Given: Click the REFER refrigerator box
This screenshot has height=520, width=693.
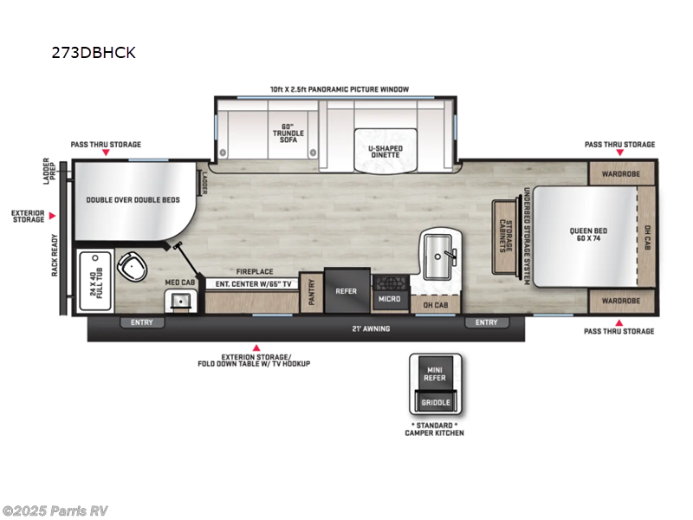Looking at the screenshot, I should tap(346, 291).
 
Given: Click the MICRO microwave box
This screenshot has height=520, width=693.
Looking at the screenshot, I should tap(388, 299).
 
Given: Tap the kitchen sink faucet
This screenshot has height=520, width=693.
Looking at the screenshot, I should tap(449, 254).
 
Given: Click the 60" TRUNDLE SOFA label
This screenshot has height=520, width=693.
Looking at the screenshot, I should tap(282, 133).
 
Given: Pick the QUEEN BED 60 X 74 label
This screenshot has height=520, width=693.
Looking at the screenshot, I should tap(586, 235).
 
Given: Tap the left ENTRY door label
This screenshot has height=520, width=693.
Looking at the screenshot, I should tap(141, 323).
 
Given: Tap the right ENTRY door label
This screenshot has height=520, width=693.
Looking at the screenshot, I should tap(487, 323).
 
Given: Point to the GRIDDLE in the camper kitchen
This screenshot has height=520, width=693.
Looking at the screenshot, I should tap(435, 403).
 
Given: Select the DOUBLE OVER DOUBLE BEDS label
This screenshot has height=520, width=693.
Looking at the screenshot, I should tap(133, 199).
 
